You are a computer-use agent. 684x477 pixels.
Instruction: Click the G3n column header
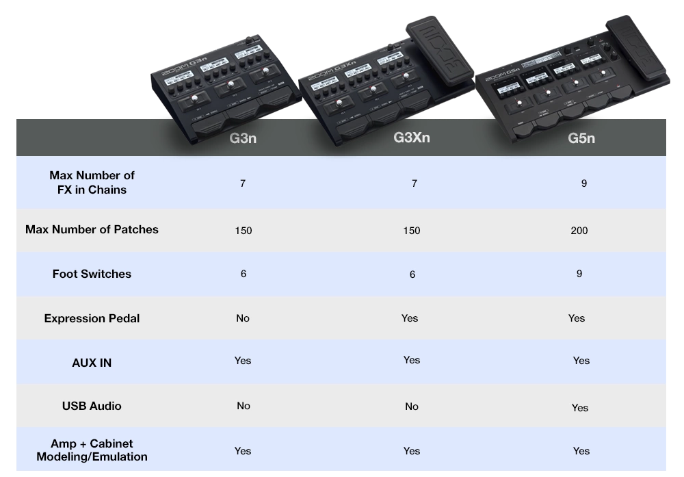coord(243,138)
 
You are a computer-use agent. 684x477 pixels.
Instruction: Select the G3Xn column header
coord(411,138)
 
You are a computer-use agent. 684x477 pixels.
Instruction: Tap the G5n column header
coord(581,138)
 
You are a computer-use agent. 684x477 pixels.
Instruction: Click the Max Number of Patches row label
coord(92,229)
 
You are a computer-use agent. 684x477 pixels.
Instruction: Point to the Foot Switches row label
coord(92,274)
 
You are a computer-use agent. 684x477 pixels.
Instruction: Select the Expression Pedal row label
coord(92,319)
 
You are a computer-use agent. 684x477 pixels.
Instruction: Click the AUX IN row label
coord(92,363)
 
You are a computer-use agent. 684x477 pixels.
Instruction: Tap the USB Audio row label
coord(92,406)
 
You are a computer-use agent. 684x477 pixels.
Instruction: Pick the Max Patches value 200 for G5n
coord(579,231)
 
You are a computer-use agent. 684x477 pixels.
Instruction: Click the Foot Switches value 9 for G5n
coord(579,274)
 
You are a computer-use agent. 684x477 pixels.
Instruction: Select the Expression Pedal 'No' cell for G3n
coord(243,318)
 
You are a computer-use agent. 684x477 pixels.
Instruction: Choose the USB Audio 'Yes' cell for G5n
coord(580,408)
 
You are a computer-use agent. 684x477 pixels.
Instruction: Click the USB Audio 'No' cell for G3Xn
coord(411,407)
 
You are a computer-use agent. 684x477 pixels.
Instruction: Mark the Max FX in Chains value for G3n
coord(243,183)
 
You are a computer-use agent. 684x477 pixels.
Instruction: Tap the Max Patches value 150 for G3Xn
coord(411,231)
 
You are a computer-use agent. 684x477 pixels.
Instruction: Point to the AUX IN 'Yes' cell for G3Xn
coord(411,360)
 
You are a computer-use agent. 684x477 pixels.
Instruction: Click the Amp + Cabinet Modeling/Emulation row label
coord(92,450)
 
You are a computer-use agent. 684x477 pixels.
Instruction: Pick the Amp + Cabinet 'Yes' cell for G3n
coord(243,451)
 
